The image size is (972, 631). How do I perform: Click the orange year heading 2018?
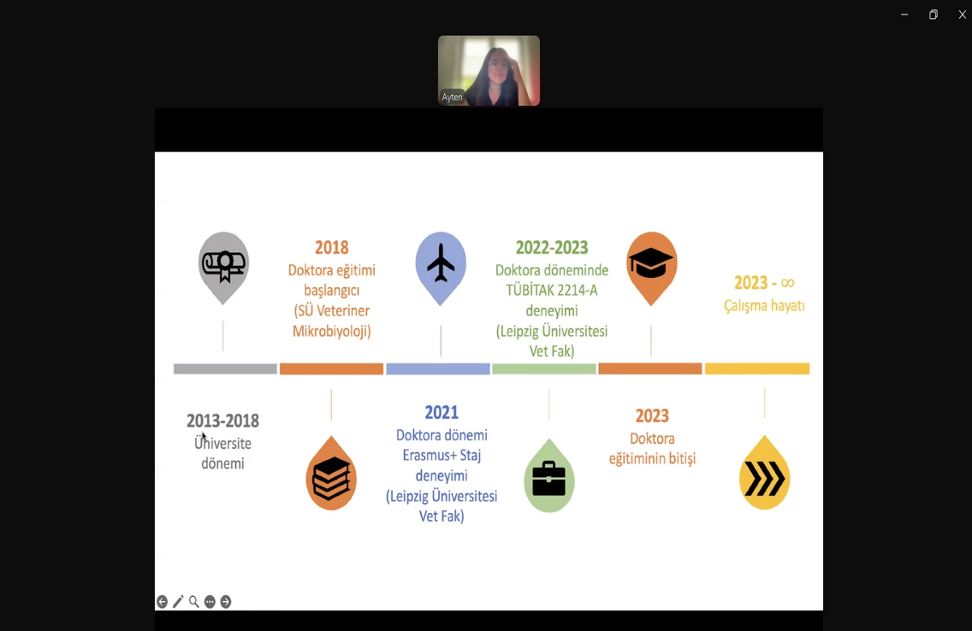coord(332,248)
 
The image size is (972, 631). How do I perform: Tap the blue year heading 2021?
coord(442,412)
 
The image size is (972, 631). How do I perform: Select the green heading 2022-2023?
coord(552,248)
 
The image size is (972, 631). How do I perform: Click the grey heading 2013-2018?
coord(222,421)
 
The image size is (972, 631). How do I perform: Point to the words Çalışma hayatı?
coord(764,305)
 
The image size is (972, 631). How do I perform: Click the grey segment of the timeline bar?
coord(225,369)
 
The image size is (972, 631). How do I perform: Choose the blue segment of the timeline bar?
coord(437,369)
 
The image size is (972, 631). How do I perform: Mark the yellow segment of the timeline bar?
coord(757,369)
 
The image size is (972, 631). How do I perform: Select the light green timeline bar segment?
coord(543,369)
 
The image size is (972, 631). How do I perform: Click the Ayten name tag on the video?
coord(452,97)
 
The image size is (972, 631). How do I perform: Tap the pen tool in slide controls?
coord(178,601)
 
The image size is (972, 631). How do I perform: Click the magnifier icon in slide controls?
coord(194,601)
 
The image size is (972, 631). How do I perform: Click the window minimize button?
coord(904,15)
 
